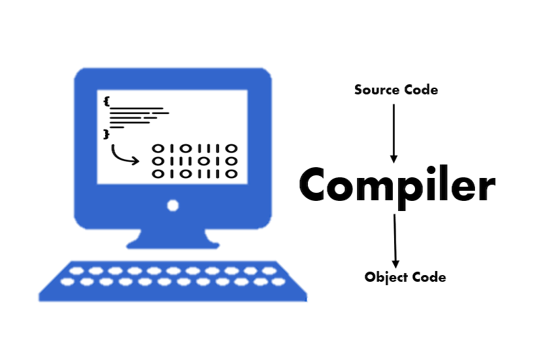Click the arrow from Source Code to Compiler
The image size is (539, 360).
(394, 133)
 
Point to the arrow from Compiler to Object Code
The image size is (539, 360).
(395, 241)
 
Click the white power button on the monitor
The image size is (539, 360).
(173, 206)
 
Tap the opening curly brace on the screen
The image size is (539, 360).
(106, 102)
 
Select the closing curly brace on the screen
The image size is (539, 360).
(106, 134)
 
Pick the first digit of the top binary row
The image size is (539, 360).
(158, 148)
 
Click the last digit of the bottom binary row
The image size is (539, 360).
(231, 174)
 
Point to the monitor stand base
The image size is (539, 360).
(173, 245)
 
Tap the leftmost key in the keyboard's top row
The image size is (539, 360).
(76, 271)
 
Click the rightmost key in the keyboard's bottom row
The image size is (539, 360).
(278, 282)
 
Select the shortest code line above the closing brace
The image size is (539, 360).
(117, 127)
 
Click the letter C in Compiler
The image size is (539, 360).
(313, 184)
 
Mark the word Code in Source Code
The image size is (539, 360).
(421, 90)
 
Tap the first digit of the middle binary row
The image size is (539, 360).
(158, 161)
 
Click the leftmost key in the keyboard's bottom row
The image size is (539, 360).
(67, 282)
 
